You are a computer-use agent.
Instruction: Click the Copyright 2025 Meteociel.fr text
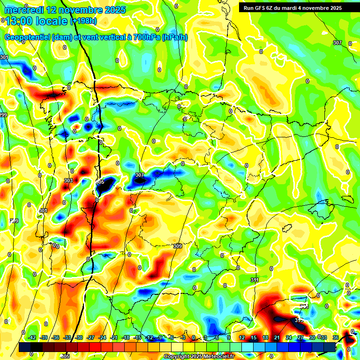[199, 357]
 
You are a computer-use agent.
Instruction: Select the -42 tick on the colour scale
[32, 337]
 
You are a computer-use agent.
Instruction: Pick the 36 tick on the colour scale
[336, 337]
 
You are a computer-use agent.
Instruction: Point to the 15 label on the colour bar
[254, 337]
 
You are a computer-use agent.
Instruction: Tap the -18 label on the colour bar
[126, 337]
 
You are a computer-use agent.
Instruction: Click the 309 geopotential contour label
[177, 246]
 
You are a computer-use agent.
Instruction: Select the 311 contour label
[255, 280]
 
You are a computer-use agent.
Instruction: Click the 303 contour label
[68, 180]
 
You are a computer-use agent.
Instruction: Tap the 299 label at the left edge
[3, 115]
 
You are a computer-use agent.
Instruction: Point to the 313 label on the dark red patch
[299, 320]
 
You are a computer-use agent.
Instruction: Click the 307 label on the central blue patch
[140, 175]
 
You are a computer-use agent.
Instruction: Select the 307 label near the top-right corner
[337, 43]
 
